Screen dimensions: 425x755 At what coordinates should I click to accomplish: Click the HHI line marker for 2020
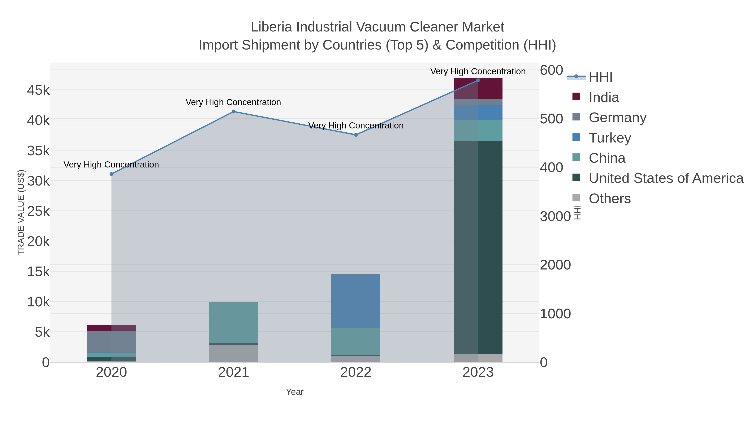pyautogui.click(x=111, y=174)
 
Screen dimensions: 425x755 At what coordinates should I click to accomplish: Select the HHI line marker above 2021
pyautogui.click(x=234, y=111)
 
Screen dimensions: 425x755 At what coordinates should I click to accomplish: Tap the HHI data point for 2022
pyautogui.click(x=356, y=135)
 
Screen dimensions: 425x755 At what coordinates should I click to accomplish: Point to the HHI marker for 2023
pyautogui.click(x=478, y=80)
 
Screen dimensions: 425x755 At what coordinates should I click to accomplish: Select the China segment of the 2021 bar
pyautogui.click(x=234, y=323)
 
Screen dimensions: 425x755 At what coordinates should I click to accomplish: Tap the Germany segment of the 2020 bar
pyautogui.click(x=111, y=342)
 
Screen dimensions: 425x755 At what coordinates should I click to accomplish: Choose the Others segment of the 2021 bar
pyautogui.click(x=234, y=353)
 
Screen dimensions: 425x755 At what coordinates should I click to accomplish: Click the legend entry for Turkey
pyautogui.click(x=610, y=138)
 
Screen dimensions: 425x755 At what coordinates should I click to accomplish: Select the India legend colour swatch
pyautogui.click(x=576, y=97)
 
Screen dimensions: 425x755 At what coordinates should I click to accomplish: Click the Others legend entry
pyautogui.click(x=610, y=199)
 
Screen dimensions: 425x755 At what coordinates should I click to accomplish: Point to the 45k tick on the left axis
pyautogui.click(x=38, y=90)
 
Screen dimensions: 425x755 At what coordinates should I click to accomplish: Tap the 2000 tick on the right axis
pyautogui.click(x=555, y=265)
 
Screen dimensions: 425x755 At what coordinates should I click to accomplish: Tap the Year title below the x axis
pyautogui.click(x=295, y=392)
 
